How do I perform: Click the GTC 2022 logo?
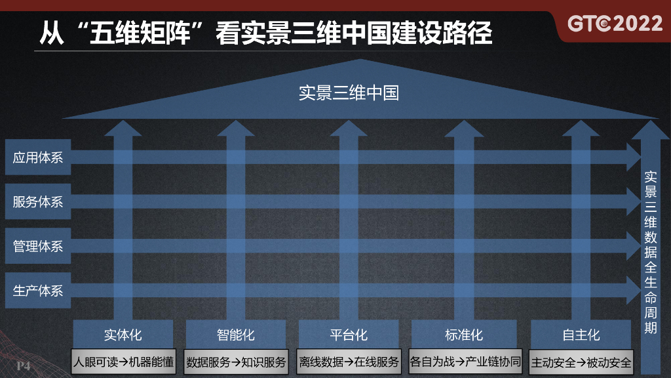click(615, 24)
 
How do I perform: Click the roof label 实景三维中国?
click(349, 93)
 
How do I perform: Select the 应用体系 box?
click(38, 157)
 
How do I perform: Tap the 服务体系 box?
click(38, 202)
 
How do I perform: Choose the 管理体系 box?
click(38, 247)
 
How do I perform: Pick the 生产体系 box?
click(38, 291)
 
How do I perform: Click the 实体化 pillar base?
click(123, 335)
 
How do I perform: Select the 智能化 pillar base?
click(236, 335)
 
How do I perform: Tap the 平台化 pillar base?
click(349, 335)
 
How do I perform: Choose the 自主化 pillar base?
click(581, 335)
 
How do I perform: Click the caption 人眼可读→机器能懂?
click(123, 362)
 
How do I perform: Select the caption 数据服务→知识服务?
click(236, 362)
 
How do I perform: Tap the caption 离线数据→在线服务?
click(349, 362)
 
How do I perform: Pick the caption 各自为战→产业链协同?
click(465, 362)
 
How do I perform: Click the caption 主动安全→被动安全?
click(581, 362)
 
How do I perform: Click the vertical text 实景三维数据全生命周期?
click(650, 253)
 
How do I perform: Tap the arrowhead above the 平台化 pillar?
click(349, 129)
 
